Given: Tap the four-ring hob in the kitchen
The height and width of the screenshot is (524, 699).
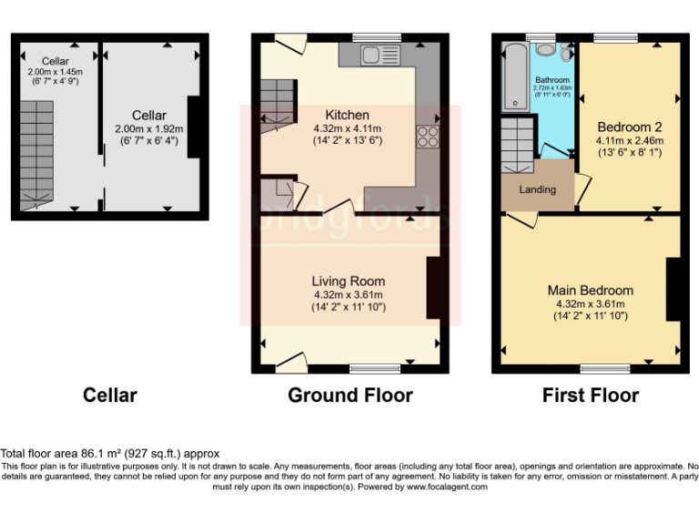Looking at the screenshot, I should point(426,138).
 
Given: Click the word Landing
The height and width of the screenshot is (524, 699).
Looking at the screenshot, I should point(537,190).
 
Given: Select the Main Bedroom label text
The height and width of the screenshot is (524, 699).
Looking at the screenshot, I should point(590,290).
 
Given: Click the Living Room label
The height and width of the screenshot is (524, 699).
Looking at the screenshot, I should point(348,281).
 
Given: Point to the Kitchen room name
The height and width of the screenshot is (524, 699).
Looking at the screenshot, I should point(348,115).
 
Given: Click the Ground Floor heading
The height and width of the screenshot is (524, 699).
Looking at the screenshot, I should point(349,395).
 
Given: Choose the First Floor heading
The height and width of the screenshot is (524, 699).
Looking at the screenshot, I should point(590,395).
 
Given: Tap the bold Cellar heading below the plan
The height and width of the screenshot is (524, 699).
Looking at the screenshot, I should point(110,395).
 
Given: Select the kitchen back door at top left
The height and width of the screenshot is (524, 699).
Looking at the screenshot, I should point(291,43).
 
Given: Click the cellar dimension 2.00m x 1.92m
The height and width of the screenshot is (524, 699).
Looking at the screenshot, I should point(149,129).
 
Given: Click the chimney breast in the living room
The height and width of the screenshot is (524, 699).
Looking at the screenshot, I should point(434,288).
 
